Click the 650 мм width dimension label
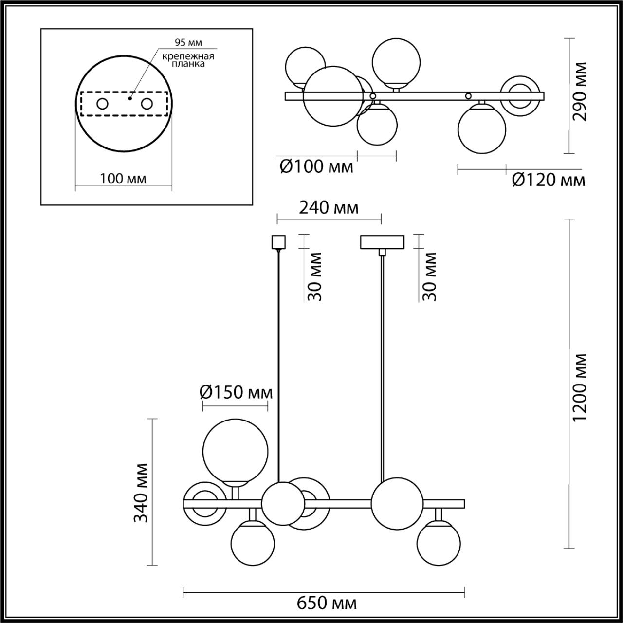click(327, 604)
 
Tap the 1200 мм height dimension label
click(580, 387)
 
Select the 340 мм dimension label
click(141, 493)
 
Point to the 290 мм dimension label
click(580, 92)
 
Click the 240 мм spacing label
click(329, 208)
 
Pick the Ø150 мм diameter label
click(236, 392)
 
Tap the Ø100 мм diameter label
click(316, 167)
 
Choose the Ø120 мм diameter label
click(549, 180)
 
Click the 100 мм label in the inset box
click(123, 179)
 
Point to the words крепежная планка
click(189, 59)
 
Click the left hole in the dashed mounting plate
click(102, 104)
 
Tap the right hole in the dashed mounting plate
click(147, 104)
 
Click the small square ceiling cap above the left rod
click(277, 242)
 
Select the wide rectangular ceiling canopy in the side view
click(382, 242)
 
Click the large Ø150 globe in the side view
click(235, 450)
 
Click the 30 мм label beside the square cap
click(315, 276)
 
